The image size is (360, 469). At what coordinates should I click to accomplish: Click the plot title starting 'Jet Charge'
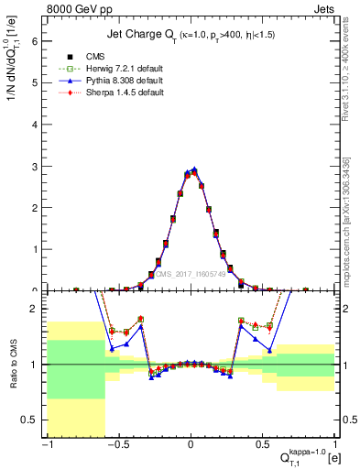click(190, 35)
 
